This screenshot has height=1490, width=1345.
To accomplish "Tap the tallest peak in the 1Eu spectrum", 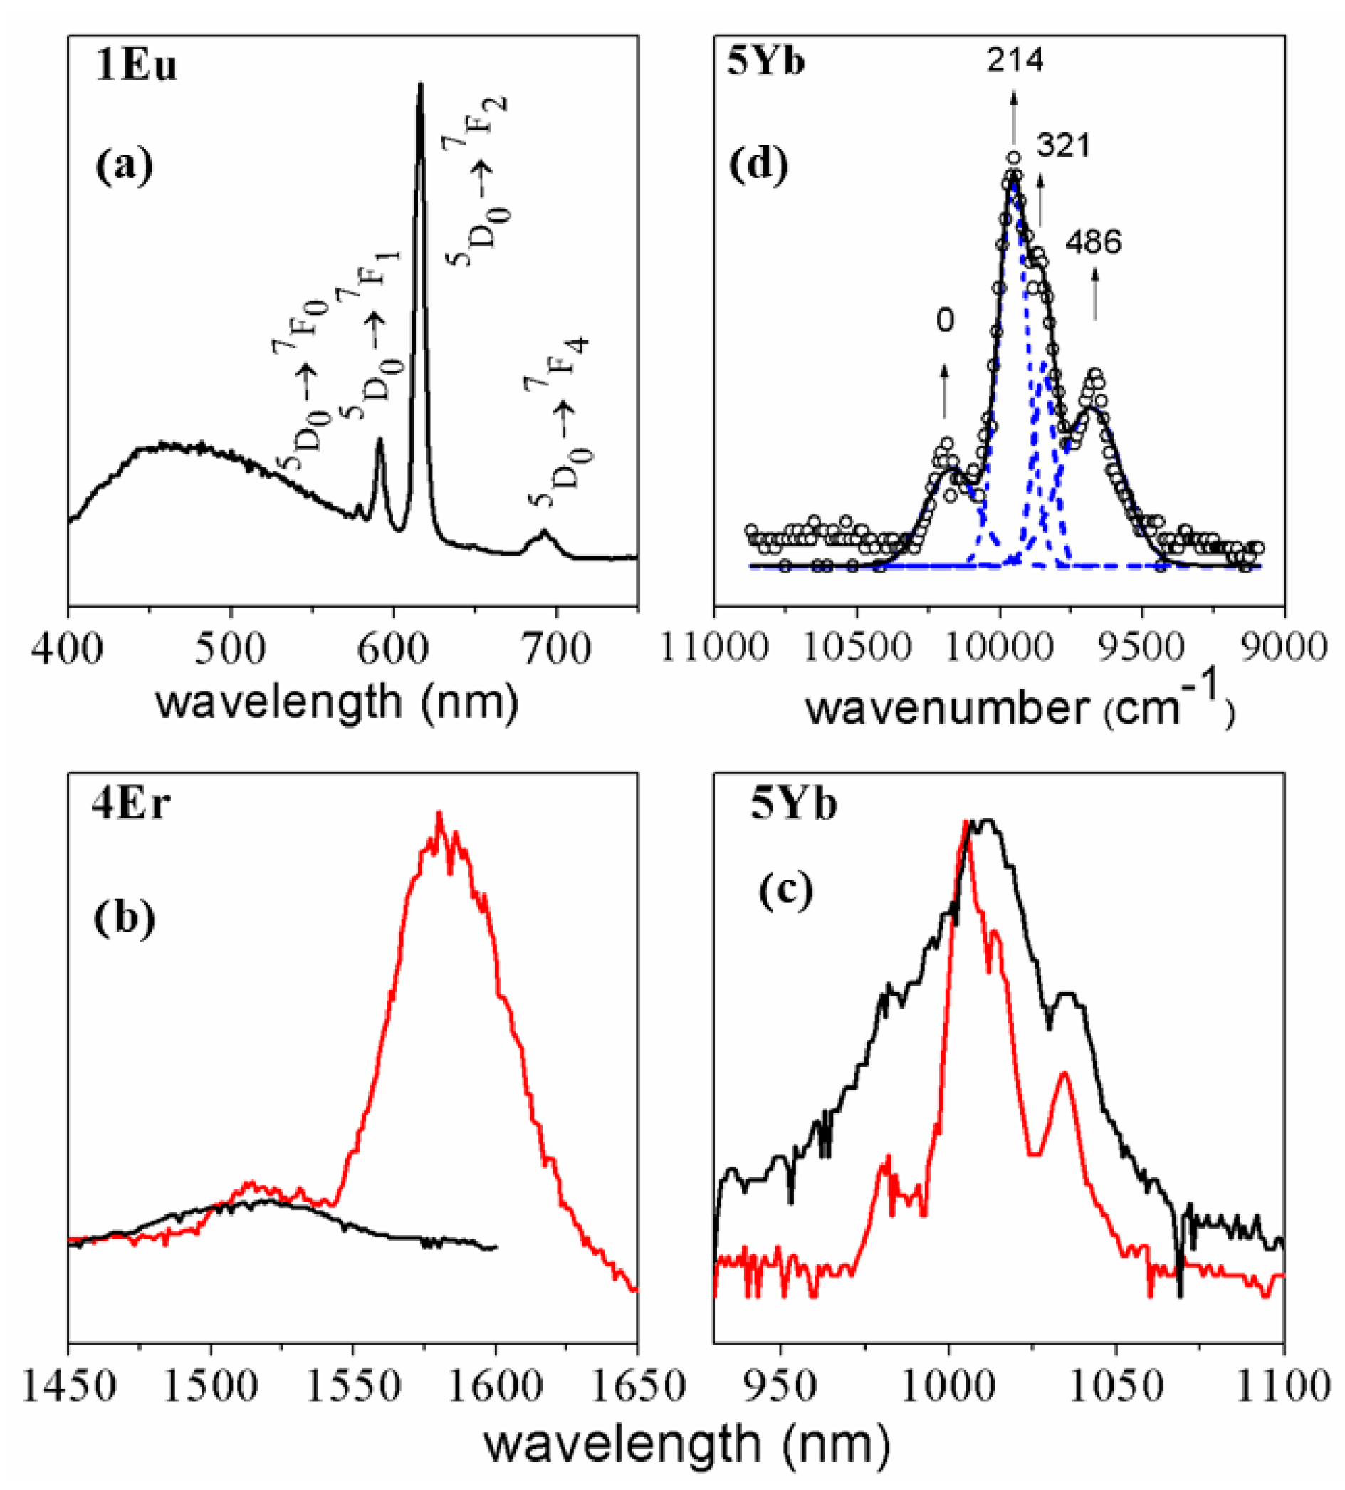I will [x=421, y=85].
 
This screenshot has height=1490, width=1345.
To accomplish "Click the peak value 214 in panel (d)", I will [x=1015, y=61].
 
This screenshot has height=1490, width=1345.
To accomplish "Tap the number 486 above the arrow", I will [x=1093, y=242].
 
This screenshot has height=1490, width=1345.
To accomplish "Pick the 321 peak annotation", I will [x=1063, y=146].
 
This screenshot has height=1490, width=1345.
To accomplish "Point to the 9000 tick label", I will [x=1283, y=649].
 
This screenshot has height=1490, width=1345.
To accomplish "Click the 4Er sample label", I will [x=131, y=806].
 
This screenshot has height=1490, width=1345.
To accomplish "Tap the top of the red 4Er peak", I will [x=440, y=816].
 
